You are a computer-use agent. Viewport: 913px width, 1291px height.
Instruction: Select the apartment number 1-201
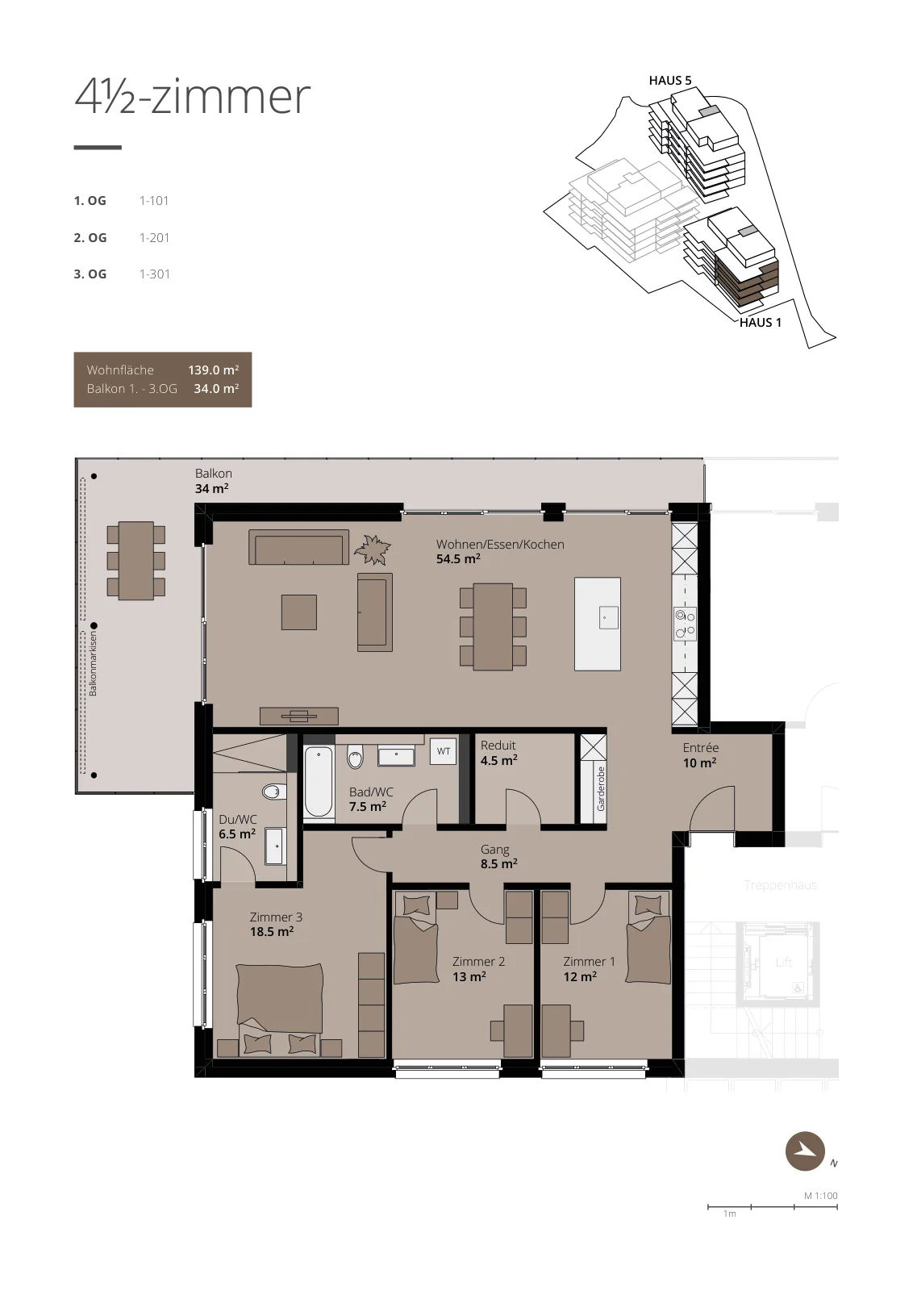pos(154,237)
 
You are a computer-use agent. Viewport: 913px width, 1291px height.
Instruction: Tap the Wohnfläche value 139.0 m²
pos(213,370)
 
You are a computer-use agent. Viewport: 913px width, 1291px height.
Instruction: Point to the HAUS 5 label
pos(670,81)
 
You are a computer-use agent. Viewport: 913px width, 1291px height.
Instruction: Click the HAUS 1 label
pos(761,323)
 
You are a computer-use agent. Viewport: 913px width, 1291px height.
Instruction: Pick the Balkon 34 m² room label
pos(213,481)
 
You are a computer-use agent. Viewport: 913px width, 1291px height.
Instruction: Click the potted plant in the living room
pos(372,549)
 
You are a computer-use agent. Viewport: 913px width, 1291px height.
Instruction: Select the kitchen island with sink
pos(598,625)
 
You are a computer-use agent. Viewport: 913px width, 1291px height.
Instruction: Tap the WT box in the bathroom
pos(443,751)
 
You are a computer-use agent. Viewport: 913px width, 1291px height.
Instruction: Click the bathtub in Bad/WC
pos(319,782)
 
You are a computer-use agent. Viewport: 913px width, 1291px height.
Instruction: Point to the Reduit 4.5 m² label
pos(498,753)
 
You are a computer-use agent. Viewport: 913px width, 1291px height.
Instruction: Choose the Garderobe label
pos(601,788)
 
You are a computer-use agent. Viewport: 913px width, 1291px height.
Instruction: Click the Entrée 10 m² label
pos(700,755)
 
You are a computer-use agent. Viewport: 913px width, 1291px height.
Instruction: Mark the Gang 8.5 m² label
pos(498,856)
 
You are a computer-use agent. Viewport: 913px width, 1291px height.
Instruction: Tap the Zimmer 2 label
pos(478,961)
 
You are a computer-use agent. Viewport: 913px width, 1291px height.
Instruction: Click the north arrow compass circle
pos(805,1151)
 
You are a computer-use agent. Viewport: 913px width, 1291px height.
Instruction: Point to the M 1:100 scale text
pos(821,1196)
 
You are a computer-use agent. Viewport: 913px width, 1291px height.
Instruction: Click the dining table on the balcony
pos(136,561)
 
